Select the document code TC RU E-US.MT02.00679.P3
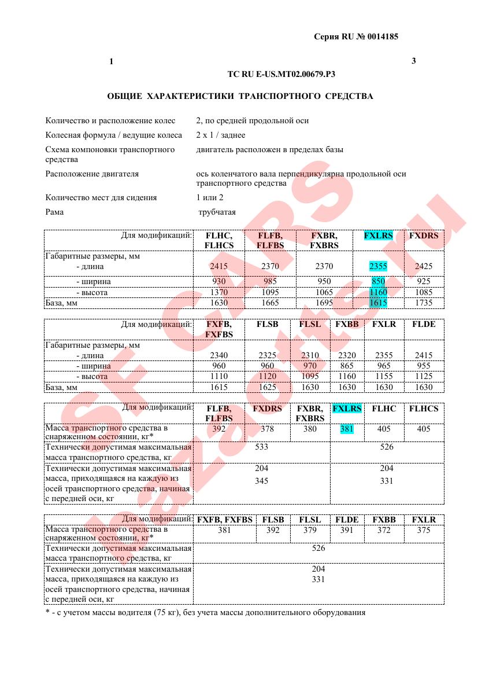point(281,74)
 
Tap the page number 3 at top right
point(414,61)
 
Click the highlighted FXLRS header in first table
point(378,236)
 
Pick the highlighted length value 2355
point(378,266)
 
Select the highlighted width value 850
point(378,281)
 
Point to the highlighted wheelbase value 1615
point(378,303)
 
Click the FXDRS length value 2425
point(424,266)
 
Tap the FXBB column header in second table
point(347,324)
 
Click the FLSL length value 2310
point(310,355)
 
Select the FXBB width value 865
point(347,366)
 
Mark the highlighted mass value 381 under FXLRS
point(347,429)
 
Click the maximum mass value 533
point(261,447)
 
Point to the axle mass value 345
point(261,481)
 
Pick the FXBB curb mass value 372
point(384,530)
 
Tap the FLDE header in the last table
point(347,520)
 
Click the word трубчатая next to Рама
point(217,212)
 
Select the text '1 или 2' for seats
point(209,197)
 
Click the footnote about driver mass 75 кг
point(205,612)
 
